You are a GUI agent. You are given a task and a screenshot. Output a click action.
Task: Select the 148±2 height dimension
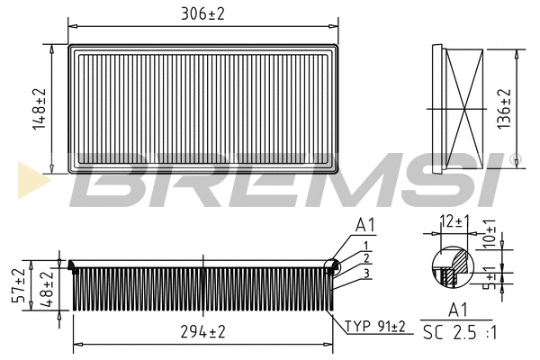point(38,109)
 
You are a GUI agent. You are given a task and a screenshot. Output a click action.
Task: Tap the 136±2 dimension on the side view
point(505,108)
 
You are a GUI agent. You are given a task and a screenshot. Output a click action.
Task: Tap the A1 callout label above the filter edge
point(365,225)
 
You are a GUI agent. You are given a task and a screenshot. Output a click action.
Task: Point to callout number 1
point(367,246)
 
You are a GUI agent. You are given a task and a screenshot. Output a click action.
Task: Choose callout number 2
point(367,258)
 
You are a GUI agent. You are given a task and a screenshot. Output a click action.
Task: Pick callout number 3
point(367,272)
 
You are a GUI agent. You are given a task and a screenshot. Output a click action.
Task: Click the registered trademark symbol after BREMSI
point(515,159)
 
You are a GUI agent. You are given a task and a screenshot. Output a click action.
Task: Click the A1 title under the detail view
point(457,311)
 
